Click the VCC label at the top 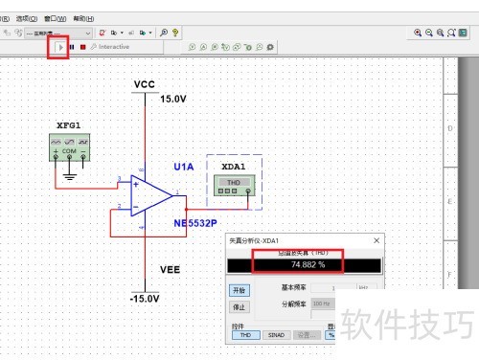pos(145,84)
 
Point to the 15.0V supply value pos(173,99)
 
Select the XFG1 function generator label pos(69,125)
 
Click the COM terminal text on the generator pos(70,151)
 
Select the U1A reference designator pos(184,167)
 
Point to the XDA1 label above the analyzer pos(234,166)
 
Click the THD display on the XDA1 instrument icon pos(233,181)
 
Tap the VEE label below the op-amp pos(145,271)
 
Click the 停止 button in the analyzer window pos(239,307)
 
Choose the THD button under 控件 pos(244,335)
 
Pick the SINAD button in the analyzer pos(277,335)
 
